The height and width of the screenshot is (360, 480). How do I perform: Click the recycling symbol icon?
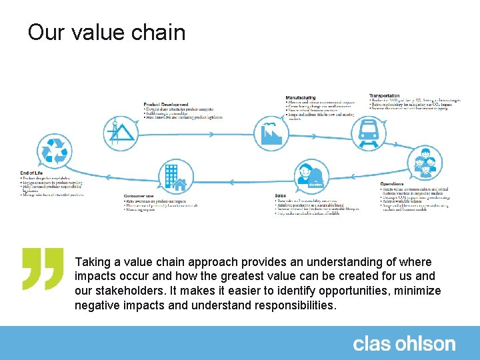(54, 150)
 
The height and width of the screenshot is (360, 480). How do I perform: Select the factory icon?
(271, 133)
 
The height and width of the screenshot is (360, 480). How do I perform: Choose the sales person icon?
(313, 175)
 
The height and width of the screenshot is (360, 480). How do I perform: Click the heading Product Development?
(166, 105)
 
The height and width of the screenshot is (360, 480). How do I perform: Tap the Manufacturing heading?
(301, 97)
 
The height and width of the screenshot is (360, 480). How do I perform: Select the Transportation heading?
(385, 96)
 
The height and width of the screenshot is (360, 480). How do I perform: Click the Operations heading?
(392, 184)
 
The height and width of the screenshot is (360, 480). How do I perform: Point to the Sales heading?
(281, 195)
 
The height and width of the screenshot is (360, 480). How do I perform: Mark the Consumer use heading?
(139, 196)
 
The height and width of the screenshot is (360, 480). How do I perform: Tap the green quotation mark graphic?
(43, 268)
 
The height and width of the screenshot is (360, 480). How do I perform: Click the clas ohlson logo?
(404, 344)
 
